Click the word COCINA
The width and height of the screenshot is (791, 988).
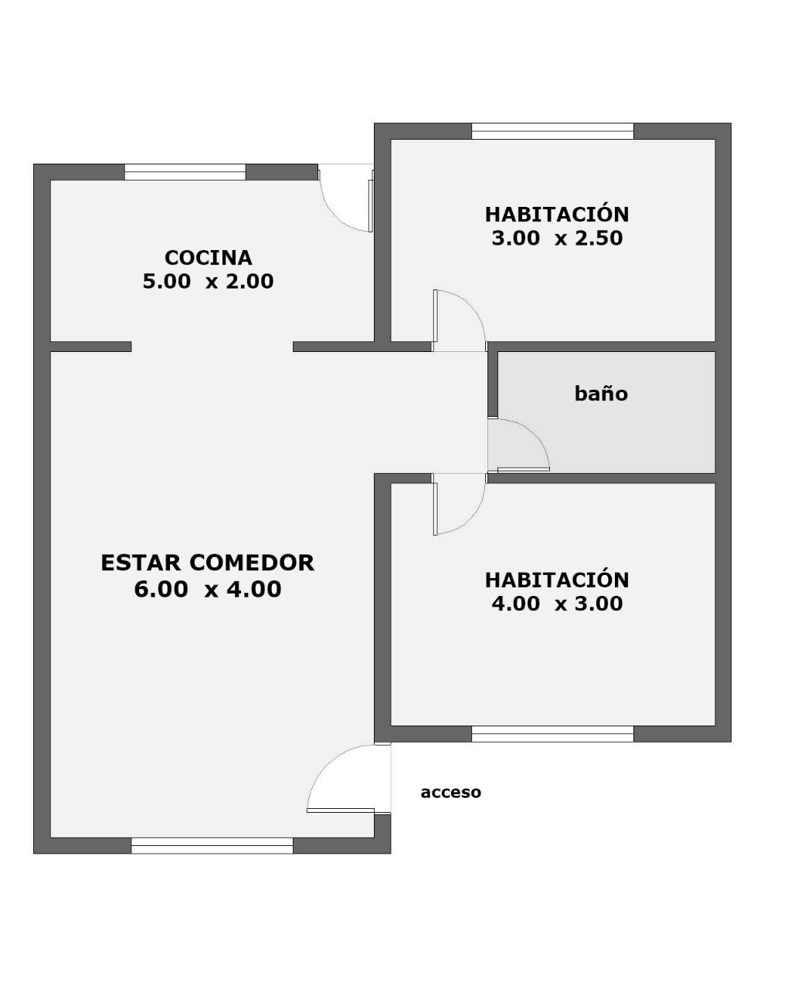click(209, 258)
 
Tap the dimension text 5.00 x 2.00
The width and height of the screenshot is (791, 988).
click(209, 282)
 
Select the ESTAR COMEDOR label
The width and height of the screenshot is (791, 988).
click(207, 563)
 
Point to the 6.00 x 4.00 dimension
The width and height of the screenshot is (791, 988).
click(207, 589)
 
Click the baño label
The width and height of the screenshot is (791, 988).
click(601, 394)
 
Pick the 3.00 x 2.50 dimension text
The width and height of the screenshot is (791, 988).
click(557, 239)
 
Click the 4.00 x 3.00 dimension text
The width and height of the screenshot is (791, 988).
click(557, 604)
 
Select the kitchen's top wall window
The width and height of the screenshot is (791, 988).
click(185, 171)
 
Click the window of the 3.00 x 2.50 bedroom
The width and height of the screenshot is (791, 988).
click(552, 131)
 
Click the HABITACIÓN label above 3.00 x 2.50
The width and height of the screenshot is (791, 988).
click(557, 215)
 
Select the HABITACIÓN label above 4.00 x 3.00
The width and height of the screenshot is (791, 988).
click(557, 580)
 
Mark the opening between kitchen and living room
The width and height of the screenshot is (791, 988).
click(212, 347)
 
